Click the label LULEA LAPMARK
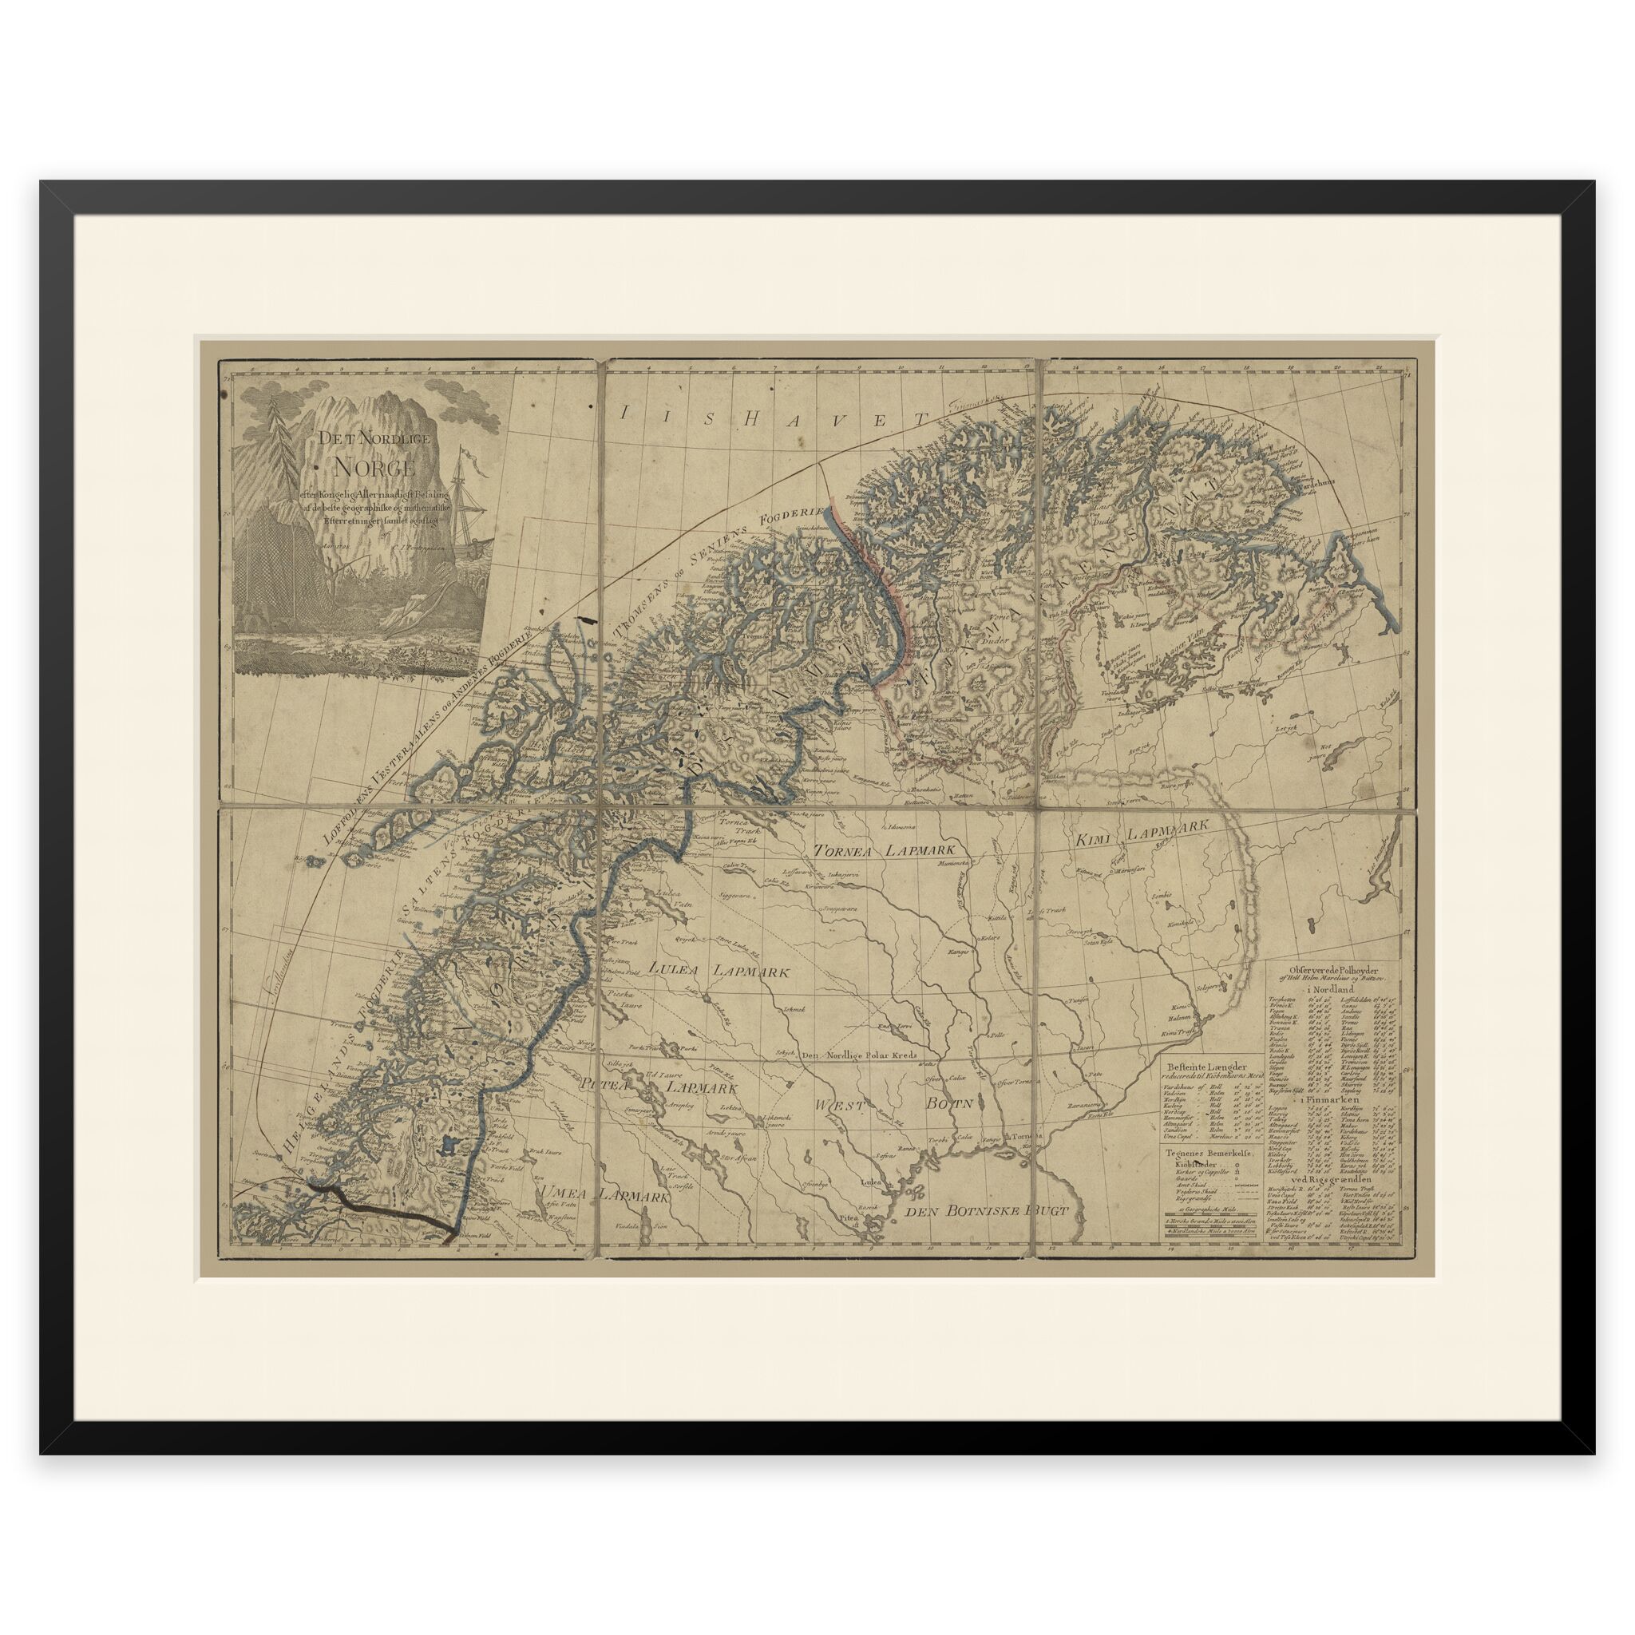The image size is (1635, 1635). click(719, 972)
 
